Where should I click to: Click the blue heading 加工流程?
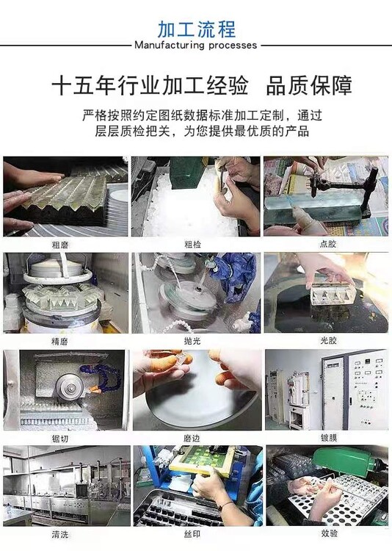[x=196, y=29]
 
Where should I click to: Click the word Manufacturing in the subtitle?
[x=170, y=46]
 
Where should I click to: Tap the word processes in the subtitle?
[x=233, y=46]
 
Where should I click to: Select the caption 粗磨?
[x=60, y=245]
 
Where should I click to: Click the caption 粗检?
[x=193, y=245]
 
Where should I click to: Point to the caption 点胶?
[x=327, y=244]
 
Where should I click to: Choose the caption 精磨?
[x=59, y=341]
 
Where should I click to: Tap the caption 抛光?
[x=192, y=340]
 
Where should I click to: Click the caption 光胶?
[x=328, y=340]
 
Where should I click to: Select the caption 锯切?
[x=59, y=439]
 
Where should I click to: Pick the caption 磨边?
[x=192, y=438]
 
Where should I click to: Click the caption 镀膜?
[x=329, y=438]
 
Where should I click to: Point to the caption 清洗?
[x=60, y=535]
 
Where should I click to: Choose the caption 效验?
[x=330, y=533]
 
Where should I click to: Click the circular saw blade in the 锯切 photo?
[x=70, y=387]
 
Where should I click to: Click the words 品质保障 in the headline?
[x=309, y=85]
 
